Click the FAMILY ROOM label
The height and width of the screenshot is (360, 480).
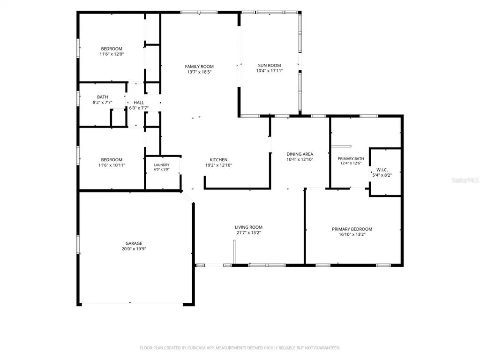pos(199,67)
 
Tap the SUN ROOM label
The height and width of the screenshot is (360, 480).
pos(270,65)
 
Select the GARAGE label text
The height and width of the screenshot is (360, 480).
pos(134,243)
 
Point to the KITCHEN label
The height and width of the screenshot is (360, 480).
pos(218,159)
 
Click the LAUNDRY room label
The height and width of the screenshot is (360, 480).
pos(162,165)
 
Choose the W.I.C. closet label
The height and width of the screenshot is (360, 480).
pos(382,170)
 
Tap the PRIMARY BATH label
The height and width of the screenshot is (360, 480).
pos(351,158)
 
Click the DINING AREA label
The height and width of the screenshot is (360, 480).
pos(300,154)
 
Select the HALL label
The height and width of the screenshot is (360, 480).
pos(139,103)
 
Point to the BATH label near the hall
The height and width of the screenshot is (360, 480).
pos(103,97)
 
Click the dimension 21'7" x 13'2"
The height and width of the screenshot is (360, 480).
pos(248,232)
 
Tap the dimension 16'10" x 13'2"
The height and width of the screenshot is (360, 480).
pos(352,234)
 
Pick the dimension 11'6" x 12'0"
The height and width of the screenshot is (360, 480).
pos(112,54)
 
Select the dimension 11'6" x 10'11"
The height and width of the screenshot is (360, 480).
pos(112,165)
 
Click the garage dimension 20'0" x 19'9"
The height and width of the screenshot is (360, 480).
pos(134,249)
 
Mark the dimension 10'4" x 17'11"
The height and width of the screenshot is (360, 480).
pos(270,71)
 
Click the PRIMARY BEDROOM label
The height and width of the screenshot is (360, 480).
pos(352,229)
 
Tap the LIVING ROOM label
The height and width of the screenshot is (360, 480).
pos(248,227)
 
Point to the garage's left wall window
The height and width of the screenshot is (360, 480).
pos(78,244)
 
